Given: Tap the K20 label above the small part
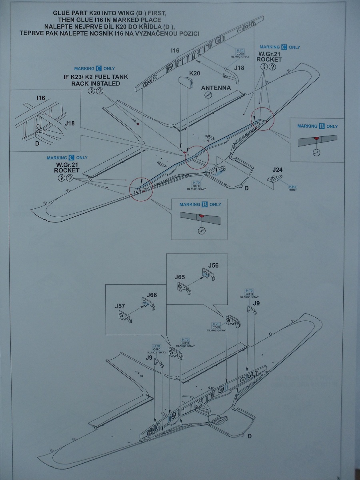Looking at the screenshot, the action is (x=194, y=74).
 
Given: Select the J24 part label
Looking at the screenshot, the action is (x=277, y=170).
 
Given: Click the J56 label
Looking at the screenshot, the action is (x=214, y=266).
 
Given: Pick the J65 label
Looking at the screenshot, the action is (x=180, y=277).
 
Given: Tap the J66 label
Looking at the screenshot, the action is (x=152, y=295).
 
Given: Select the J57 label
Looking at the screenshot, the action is (x=120, y=306).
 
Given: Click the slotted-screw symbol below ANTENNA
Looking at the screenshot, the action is (x=208, y=96).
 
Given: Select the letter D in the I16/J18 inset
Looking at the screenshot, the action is (x=36, y=143).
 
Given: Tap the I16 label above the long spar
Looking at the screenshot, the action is (x=175, y=50).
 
